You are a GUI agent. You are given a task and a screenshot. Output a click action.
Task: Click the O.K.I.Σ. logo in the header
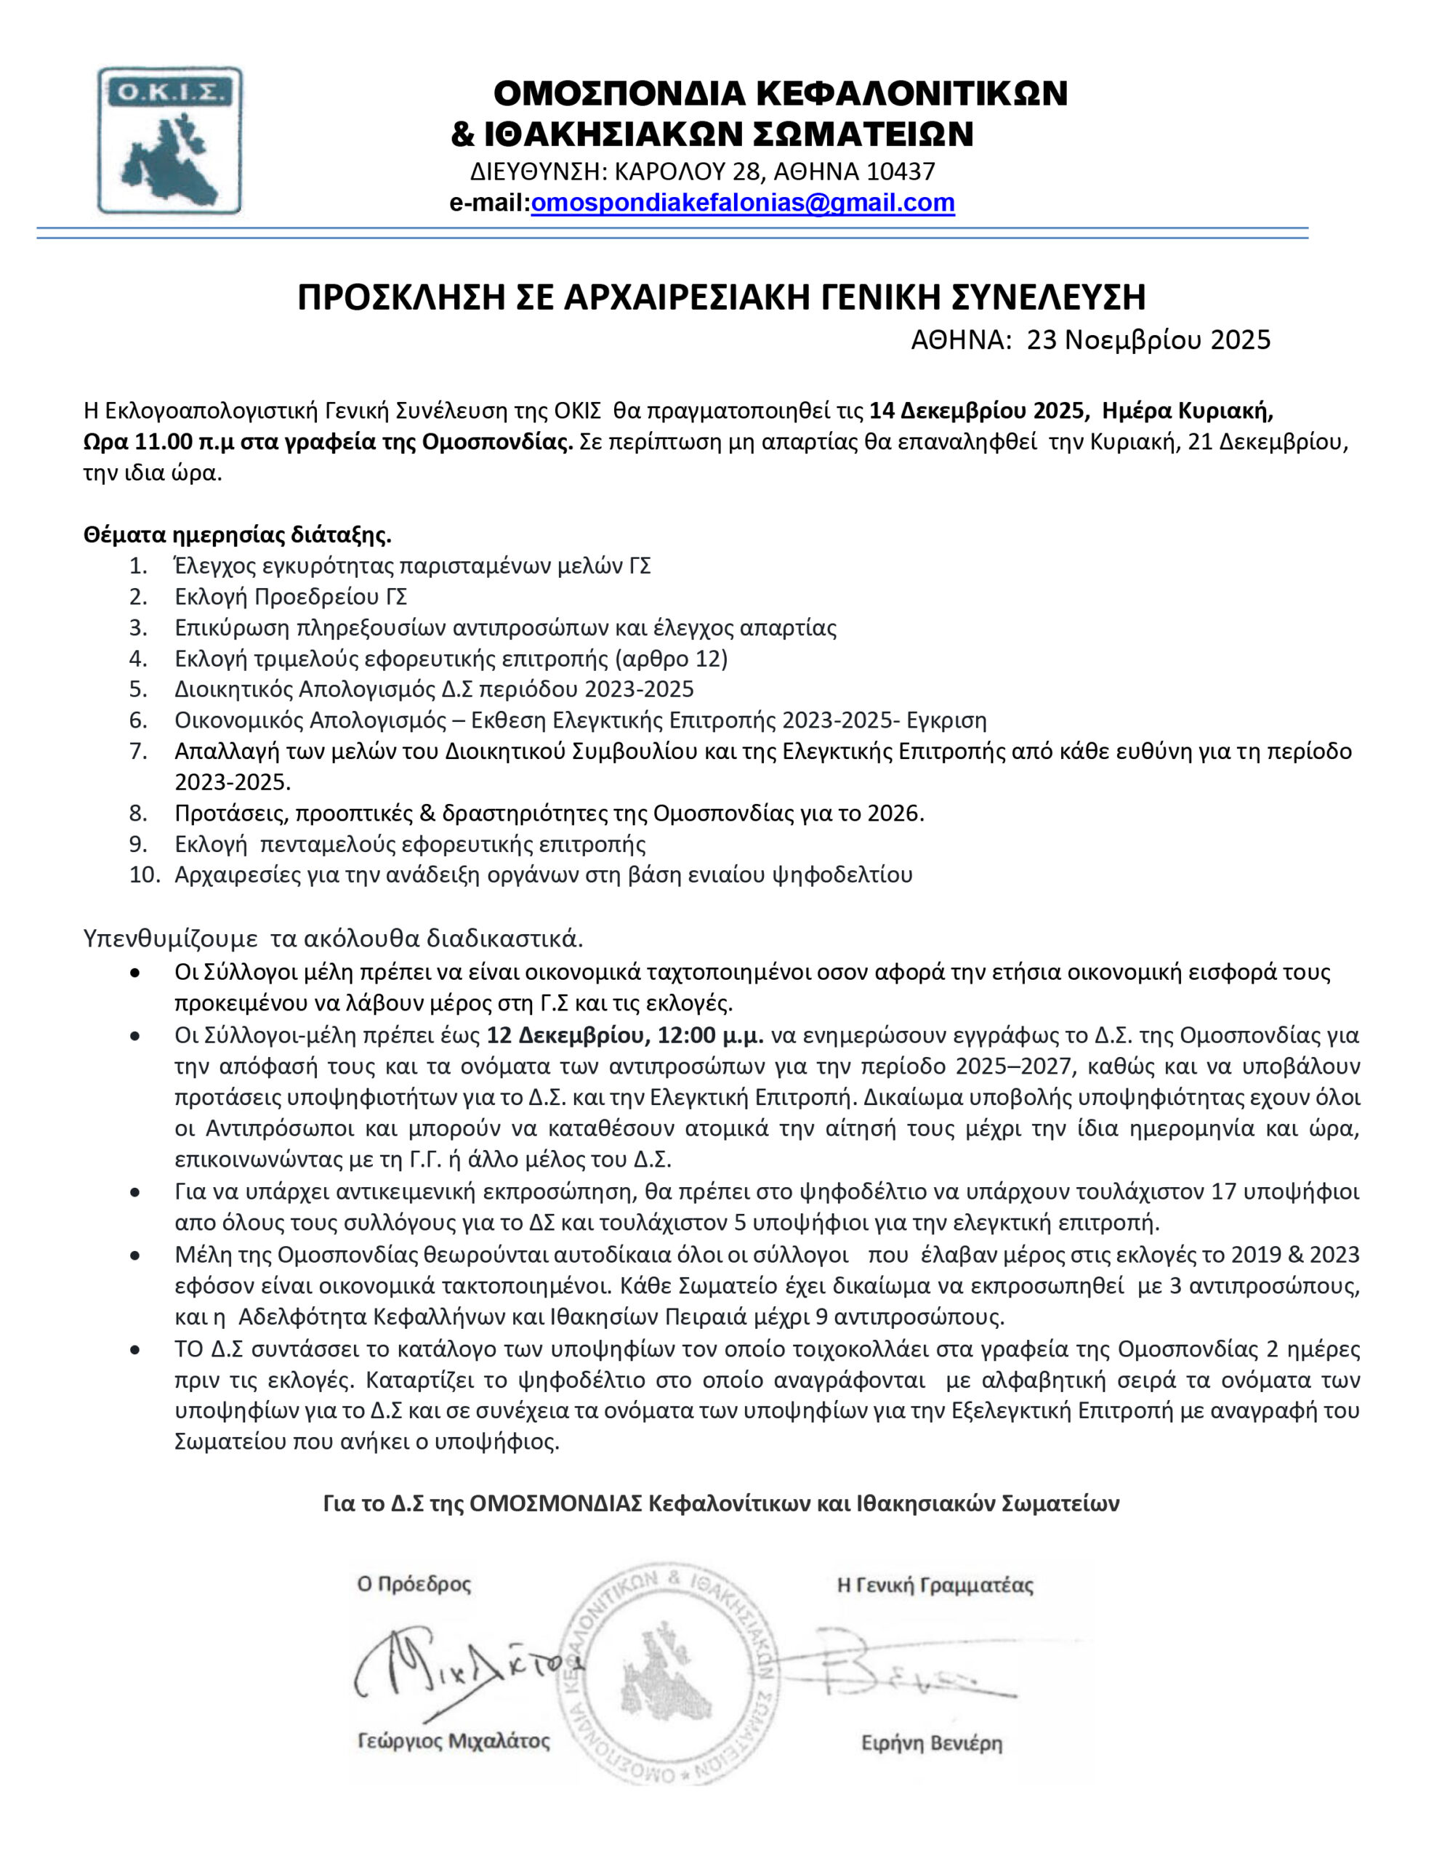click(169, 140)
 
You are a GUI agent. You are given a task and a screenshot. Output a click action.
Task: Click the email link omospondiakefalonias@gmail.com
click(742, 203)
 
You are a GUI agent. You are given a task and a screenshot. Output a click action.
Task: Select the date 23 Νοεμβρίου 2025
click(1148, 340)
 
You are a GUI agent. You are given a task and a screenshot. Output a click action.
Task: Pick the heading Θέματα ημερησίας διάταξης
click(237, 535)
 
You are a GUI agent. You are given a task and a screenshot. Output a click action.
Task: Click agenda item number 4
click(138, 659)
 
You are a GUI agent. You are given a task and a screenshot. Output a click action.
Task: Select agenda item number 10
click(144, 875)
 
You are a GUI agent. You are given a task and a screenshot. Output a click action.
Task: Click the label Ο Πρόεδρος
click(414, 1585)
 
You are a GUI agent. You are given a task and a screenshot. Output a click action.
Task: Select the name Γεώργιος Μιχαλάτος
click(454, 1742)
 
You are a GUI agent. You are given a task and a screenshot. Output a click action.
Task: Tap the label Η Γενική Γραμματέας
click(935, 1585)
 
